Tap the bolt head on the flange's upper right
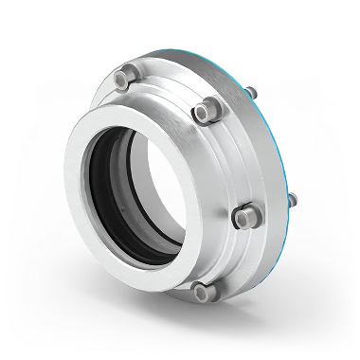click(x=202, y=112)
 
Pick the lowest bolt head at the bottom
click(x=199, y=289)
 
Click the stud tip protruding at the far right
click(x=291, y=199)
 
